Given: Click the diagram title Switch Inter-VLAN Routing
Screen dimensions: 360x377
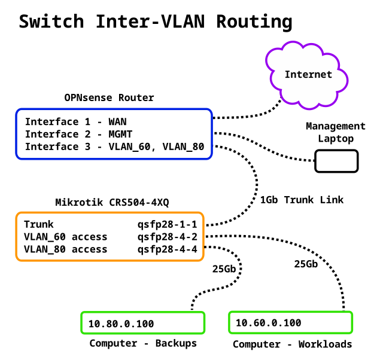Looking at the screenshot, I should point(156,22).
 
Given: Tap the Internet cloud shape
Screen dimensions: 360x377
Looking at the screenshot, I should point(308,75).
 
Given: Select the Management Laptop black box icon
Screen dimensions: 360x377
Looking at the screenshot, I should point(336,161).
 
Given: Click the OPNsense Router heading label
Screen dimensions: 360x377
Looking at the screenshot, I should point(109,97).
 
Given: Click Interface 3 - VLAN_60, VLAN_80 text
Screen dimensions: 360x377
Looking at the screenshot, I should point(114,147).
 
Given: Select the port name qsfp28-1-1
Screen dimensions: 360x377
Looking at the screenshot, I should point(168,225).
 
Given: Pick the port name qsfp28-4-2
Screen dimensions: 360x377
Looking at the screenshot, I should point(168,237).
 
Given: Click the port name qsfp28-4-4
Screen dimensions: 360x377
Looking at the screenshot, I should point(168,249).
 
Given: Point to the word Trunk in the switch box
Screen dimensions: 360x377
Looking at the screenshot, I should point(39,225).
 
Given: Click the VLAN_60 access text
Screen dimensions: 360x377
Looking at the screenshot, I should point(66,237).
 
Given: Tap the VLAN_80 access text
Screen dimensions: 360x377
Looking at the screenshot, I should point(66,249).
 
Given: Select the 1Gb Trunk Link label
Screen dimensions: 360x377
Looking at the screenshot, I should point(302,200).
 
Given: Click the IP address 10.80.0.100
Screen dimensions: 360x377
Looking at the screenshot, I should point(121,324).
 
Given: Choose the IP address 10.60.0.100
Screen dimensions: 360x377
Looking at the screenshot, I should point(268,323).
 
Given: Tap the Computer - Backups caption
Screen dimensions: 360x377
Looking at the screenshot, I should point(143,343).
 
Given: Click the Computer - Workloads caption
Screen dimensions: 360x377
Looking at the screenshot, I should point(292,344).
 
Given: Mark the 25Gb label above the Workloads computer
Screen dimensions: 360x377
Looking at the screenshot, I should point(306,264).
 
